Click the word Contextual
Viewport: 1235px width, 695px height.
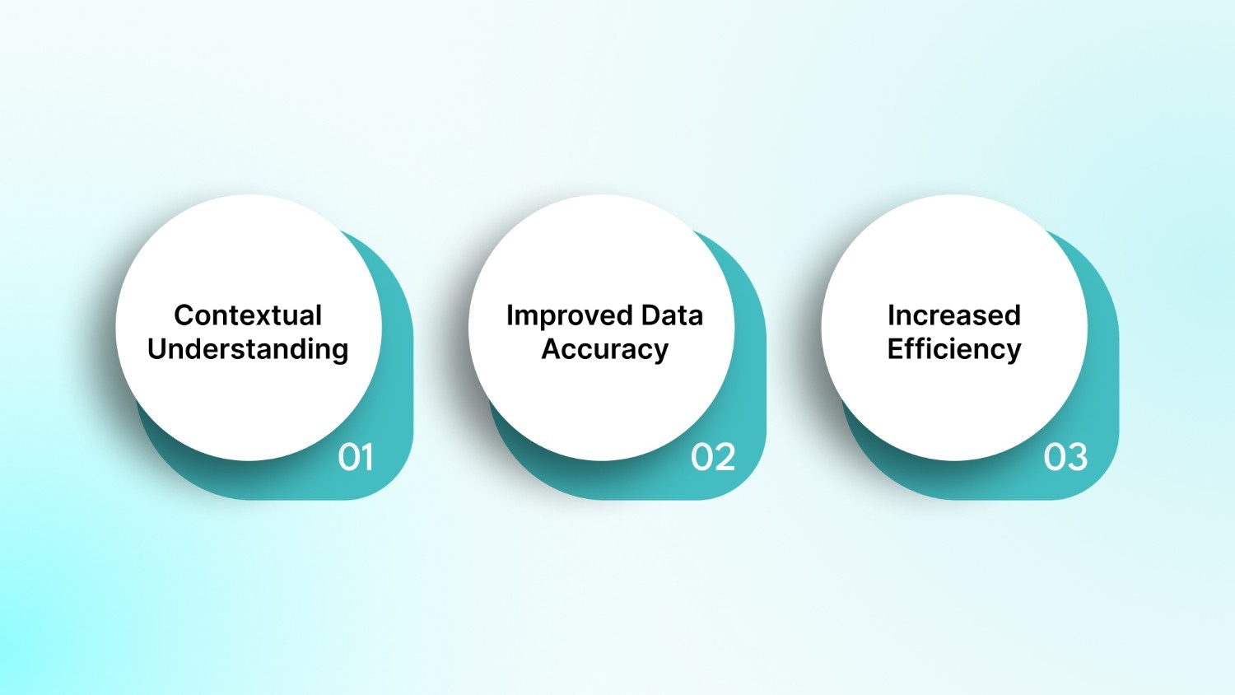(248, 315)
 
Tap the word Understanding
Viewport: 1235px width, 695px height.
(248, 349)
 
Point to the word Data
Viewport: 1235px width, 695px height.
(672, 315)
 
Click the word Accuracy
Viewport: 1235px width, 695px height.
(604, 349)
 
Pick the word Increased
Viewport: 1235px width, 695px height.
(953, 315)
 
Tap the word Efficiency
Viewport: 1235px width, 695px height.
(953, 349)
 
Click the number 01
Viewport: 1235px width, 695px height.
(356, 457)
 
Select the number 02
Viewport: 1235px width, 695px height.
(713, 457)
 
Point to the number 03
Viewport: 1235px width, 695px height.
(1065, 457)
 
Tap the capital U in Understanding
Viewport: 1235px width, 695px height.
(157, 348)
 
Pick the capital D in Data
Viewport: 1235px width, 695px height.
(651, 315)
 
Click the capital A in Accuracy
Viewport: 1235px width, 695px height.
(552, 348)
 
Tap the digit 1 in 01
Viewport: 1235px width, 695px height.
(367, 457)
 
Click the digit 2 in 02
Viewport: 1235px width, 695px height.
(725, 457)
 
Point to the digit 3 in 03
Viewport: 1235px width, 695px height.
(1077, 457)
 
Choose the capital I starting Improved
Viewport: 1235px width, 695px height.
(510, 315)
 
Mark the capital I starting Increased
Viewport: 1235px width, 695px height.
(891, 315)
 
